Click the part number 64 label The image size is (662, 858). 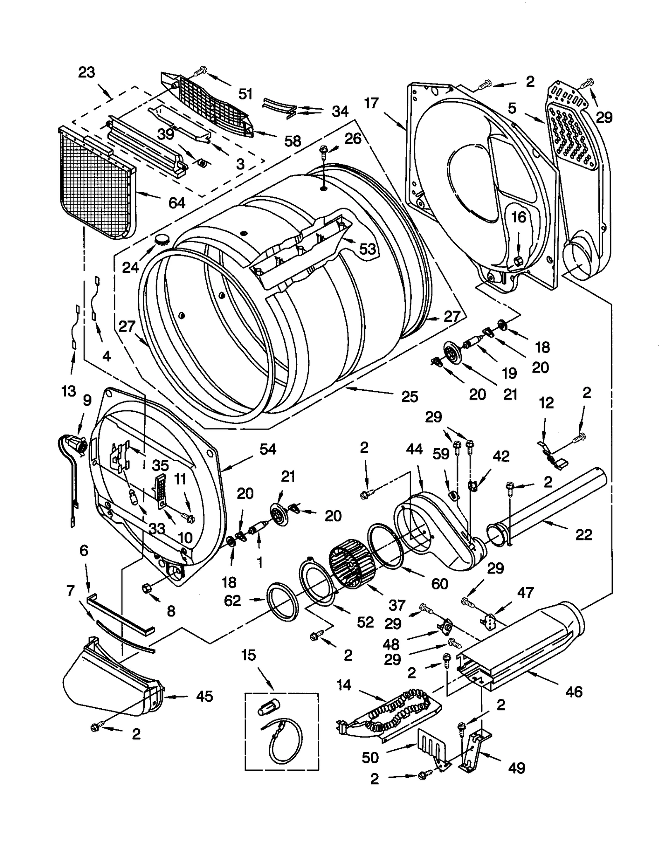[x=177, y=203]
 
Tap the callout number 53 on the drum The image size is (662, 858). [x=367, y=249]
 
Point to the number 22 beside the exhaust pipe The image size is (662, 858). [x=584, y=535]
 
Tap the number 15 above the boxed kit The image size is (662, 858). [x=249, y=655]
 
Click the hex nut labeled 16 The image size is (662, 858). [x=518, y=261]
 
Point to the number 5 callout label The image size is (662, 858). [x=512, y=108]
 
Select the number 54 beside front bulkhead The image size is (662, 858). [x=268, y=449]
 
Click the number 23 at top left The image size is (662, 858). [x=87, y=72]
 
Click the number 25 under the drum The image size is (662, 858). [x=410, y=397]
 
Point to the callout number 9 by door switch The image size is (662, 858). [x=87, y=400]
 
